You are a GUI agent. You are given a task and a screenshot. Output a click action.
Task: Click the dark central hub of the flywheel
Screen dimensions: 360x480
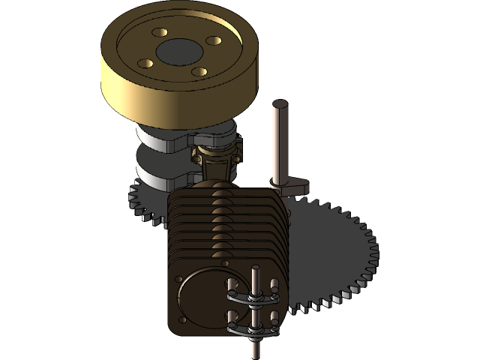tap(178, 52)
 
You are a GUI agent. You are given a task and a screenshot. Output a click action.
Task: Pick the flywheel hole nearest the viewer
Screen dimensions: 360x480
tap(199, 72)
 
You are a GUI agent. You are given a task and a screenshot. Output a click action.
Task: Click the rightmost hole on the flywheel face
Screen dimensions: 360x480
tap(213, 40)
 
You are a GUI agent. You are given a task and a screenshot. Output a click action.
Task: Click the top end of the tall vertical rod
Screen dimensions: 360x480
tap(280, 105)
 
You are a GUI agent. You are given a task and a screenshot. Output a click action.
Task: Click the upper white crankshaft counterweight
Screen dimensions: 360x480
tap(161, 139)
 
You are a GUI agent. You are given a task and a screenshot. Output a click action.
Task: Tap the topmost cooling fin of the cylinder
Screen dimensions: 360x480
tap(225, 195)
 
